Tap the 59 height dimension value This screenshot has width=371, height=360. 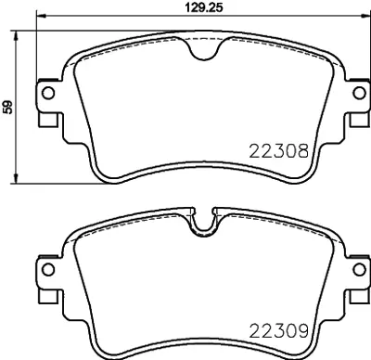point(9,107)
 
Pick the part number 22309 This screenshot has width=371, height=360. point(279,329)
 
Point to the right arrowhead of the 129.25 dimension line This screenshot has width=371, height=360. point(351,17)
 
